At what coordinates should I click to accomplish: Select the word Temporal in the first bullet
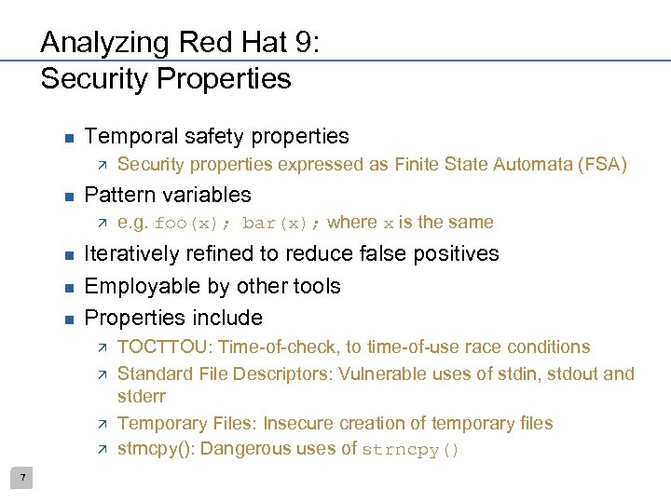pos(125,136)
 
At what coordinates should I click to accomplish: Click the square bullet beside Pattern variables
pos(68,196)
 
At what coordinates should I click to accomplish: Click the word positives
pos(456,254)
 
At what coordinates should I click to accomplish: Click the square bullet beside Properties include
pos(68,319)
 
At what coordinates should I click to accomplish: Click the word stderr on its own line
pos(141,397)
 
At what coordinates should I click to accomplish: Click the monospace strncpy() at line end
pos(411,450)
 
